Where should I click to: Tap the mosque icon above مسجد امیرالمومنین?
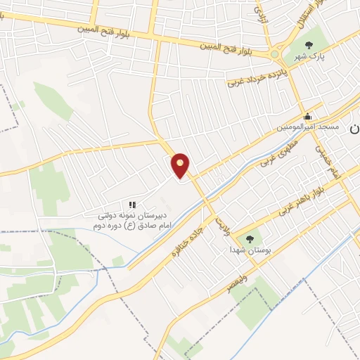coord(307,117)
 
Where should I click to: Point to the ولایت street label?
coord(223,226)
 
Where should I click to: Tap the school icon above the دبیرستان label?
coord(131,205)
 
